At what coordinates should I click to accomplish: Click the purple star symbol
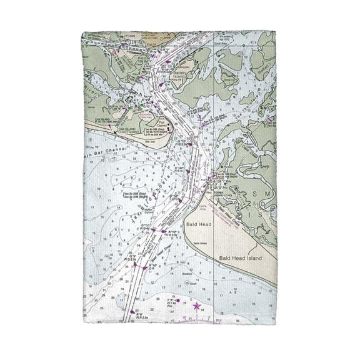point(197,306)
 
